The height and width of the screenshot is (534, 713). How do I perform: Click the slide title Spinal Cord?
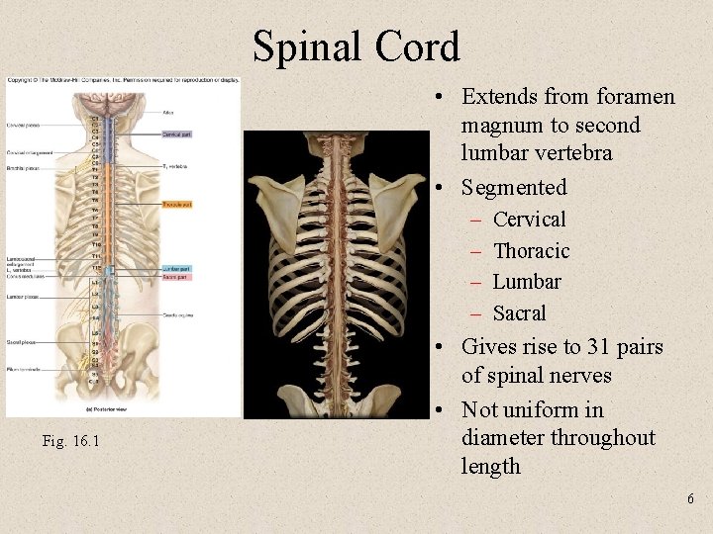[x=356, y=47]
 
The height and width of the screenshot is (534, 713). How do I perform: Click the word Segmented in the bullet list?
[x=514, y=187]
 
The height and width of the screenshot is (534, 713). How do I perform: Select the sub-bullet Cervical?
[x=529, y=220]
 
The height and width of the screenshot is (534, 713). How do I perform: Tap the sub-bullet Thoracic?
[x=531, y=251]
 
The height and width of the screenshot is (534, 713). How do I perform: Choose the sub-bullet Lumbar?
[x=527, y=282]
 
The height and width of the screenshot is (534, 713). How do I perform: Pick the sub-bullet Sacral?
[x=519, y=313]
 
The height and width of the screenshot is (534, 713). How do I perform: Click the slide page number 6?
[x=690, y=499]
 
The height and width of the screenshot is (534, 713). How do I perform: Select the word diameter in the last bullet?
[x=503, y=438]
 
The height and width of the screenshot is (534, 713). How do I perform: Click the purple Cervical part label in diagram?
[x=175, y=133]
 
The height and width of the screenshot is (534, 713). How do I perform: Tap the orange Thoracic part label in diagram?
[x=177, y=205]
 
